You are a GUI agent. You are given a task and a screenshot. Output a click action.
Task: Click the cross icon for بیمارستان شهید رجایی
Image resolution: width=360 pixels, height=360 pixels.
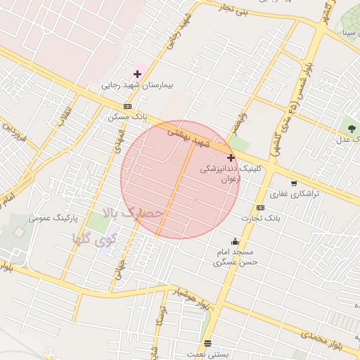click(x=137, y=74)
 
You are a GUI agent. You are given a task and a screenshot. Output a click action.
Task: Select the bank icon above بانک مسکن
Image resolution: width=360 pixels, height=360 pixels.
click(x=127, y=106)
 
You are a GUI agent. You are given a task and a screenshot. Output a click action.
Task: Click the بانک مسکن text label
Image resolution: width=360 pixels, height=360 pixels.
click(x=121, y=117)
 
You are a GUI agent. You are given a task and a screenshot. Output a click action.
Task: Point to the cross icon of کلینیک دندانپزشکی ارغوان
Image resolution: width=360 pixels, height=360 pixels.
click(x=231, y=158)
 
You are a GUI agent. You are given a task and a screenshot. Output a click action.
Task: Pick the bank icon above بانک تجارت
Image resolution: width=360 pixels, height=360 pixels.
click(x=260, y=207)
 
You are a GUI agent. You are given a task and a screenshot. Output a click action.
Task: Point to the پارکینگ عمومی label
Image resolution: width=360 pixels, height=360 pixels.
click(x=53, y=219)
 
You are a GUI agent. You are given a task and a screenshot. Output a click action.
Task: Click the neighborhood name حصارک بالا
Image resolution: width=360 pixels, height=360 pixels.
click(x=133, y=212)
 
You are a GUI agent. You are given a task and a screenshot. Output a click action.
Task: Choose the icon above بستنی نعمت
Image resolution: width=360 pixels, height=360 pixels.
click(x=207, y=344)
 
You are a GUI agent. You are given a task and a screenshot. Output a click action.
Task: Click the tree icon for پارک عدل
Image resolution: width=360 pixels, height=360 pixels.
click(x=349, y=127)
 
